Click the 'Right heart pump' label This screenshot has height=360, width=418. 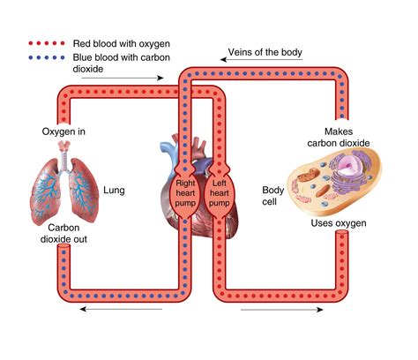[x=185, y=193]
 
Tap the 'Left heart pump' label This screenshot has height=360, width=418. [x=219, y=193]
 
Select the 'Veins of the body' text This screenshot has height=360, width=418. [x=265, y=52]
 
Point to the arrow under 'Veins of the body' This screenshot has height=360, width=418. [x=261, y=60]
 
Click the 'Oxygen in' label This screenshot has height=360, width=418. [x=63, y=131]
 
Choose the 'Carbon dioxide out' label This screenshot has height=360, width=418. [x=63, y=233]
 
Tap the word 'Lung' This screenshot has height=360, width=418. [x=114, y=191]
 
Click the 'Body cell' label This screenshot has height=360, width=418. [x=272, y=196]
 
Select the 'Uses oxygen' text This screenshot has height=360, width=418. [x=339, y=223]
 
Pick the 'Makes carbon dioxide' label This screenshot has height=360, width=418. [x=339, y=138]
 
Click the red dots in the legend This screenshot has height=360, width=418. [x=47, y=43]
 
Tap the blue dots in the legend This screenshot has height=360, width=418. [x=47, y=57]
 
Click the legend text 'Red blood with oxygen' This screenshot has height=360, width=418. [x=122, y=44]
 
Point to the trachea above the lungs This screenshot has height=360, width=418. [x=64, y=156]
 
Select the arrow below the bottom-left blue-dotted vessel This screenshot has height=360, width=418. [x=121, y=309]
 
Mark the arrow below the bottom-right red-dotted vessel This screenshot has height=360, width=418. [x=282, y=310]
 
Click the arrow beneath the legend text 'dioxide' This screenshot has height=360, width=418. [x=123, y=78]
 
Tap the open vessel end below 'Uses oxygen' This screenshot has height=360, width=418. [x=342, y=233]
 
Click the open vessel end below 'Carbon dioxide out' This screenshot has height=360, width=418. [x=63, y=247]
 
